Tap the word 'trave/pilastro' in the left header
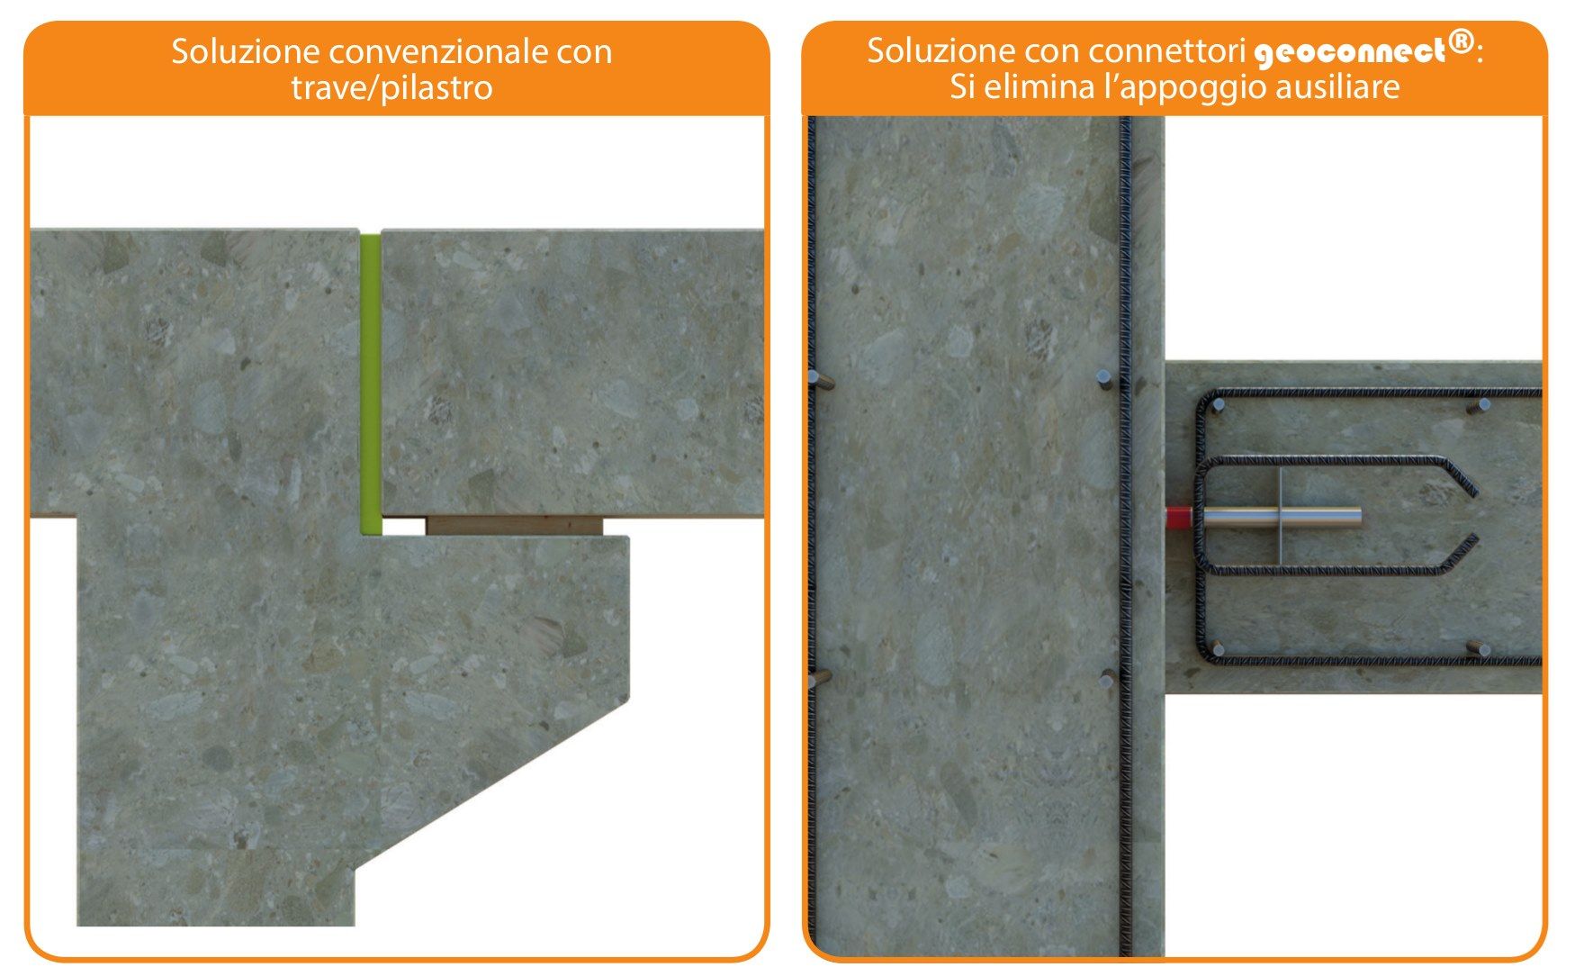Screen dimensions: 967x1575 (x=391, y=88)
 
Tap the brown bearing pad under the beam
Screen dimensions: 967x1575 (x=512, y=526)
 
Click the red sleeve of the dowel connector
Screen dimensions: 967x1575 (x=1179, y=518)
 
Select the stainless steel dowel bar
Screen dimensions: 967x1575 (x=1296, y=518)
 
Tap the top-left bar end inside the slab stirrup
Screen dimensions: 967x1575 (x=1218, y=405)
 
